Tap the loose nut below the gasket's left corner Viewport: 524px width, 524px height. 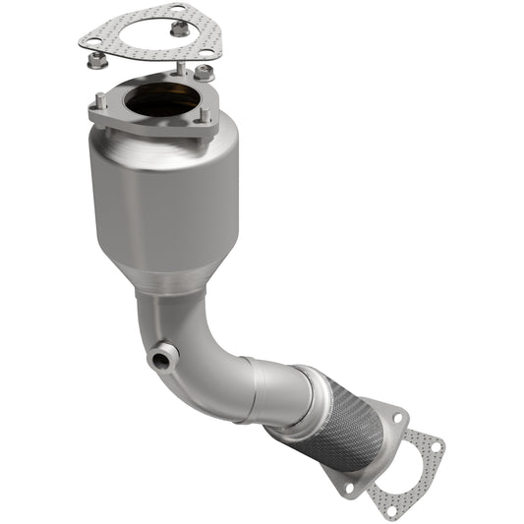pos(96,61)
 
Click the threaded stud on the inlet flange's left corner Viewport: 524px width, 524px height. pos(100,100)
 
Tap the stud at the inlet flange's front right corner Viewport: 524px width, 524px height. pos(204,114)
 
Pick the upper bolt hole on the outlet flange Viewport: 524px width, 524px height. pos(397,419)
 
